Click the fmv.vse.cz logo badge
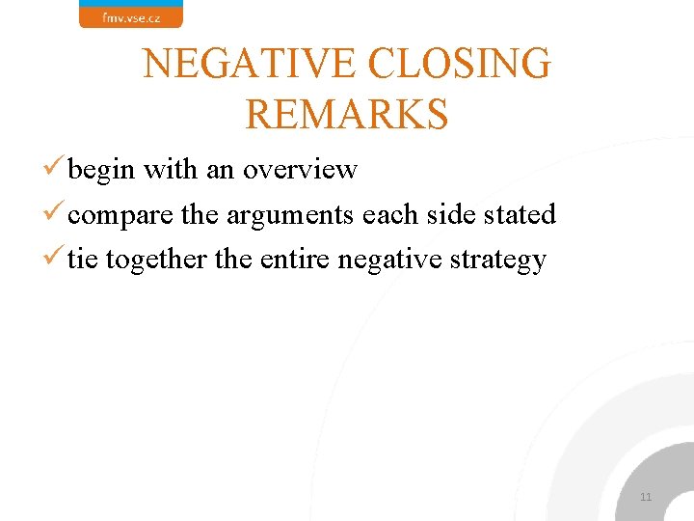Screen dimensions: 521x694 pyautogui.click(x=130, y=14)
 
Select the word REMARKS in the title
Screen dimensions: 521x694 pyautogui.click(x=347, y=113)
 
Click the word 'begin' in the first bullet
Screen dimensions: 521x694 pyautogui.click(x=102, y=171)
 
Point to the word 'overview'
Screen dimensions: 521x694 pyautogui.click(x=300, y=170)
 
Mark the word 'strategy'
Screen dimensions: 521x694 pyautogui.click(x=504, y=260)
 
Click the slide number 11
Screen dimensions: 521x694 pyautogui.click(x=646, y=497)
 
